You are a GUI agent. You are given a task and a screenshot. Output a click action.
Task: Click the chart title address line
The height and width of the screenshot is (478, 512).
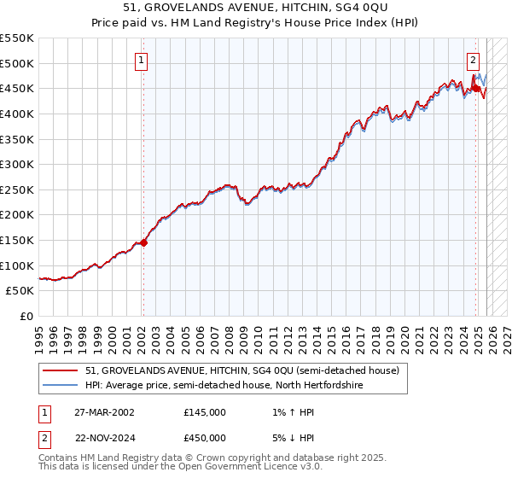click(x=255, y=7)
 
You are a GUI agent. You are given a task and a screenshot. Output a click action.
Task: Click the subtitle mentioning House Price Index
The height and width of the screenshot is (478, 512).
click(x=255, y=21)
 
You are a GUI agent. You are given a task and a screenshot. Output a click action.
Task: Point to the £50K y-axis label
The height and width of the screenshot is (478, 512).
click(x=20, y=291)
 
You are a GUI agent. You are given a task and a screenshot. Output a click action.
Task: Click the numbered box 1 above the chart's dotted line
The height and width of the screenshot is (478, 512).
click(x=142, y=60)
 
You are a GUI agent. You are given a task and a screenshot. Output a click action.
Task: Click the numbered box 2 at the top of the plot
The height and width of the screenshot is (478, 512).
click(x=473, y=60)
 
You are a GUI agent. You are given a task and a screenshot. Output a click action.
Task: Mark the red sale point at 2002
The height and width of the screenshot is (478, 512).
click(x=143, y=242)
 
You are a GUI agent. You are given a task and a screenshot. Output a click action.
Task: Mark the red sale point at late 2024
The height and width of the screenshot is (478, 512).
click(x=474, y=87)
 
